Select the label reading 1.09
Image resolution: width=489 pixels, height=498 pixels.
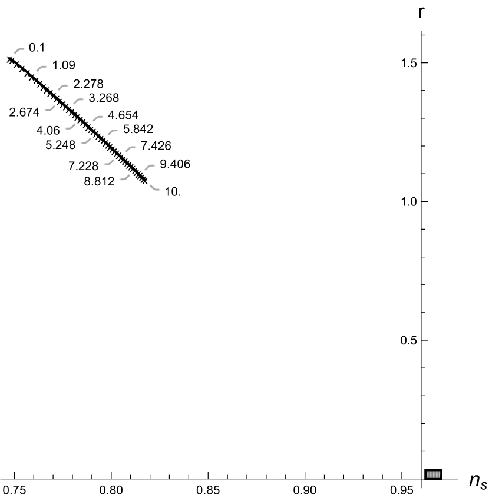(x=64, y=66)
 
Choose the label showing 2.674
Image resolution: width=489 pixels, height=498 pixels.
(x=24, y=112)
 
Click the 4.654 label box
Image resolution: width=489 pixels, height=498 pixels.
(x=123, y=115)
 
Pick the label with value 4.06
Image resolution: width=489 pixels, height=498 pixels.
(x=48, y=131)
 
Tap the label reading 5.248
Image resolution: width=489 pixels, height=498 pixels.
(x=60, y=144)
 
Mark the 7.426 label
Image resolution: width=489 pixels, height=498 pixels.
(x=156, y=145)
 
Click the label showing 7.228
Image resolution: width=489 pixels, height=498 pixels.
(x=83, y=167)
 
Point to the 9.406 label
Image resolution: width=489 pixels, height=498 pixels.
(x=175, y=164)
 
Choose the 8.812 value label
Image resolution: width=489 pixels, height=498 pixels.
(x=99, y=182)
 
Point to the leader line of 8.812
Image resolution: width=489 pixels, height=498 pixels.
(x=125, y=177)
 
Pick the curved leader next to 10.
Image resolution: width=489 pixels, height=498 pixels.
(x=154, y=188)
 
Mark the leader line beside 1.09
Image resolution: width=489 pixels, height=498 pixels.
(x=41, y=69)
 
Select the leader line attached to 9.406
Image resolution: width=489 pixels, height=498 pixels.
(x=148, y=168)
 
